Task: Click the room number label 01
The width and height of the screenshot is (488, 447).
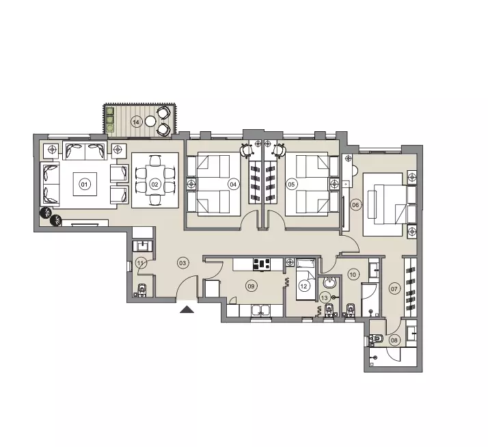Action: pyautogui.click(x=85, y=184)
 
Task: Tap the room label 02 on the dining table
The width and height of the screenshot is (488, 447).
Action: pyautogui.click(x=155, y=184)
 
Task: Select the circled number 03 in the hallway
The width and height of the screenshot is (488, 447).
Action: pyautogui.click(x=182, y=262)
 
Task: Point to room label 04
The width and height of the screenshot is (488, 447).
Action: pyautogui.click(x=233, y=184)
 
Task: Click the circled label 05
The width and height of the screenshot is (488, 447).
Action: pyautogui.click(x=291, y=184)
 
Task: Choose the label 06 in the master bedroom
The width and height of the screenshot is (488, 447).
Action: pyautogui.click(x=355, y=204)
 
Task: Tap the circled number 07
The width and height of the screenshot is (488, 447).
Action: pyautogui.click(x=394, y=288)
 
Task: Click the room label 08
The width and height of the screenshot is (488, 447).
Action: pyautogui.click(x=394, y=340)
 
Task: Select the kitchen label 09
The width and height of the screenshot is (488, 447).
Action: pyautogui.click(x=252, y=286)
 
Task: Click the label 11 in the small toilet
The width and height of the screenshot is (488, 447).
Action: pyautogui.click(x=140, y=262)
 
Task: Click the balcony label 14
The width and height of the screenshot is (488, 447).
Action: pyautogui.click(x=136, y=122)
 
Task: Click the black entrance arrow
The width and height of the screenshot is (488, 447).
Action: pyautogui.click(x=188, y=310)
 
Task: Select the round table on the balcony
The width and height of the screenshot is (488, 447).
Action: pyautogui.click(x=150, y=121)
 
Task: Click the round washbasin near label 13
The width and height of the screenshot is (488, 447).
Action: pyautogui.click(x=329, y=283)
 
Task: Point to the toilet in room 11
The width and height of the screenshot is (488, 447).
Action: pyautogui.click(x=142, y=290)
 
